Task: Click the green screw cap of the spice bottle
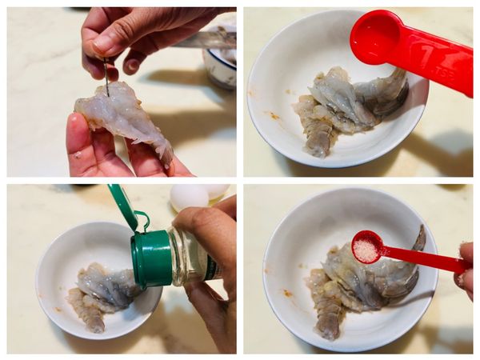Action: [x=152, y=258]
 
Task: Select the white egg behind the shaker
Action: [x=189, y=197]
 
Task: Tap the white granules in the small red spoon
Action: [x=366, y=250]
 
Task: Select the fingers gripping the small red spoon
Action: [x=465, y=268]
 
